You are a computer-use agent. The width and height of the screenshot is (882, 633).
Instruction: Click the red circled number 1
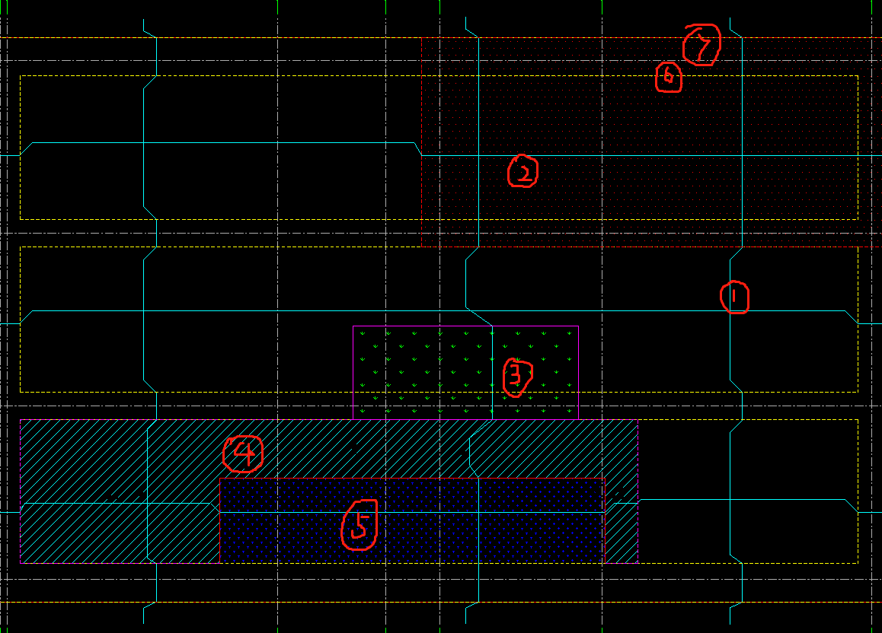pyautogui.click(x=735, y=297)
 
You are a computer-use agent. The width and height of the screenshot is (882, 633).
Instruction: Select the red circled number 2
pyautogui.click(x=522, y=171)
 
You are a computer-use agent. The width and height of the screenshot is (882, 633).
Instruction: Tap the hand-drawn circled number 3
pyautogui.click(x=517, y=377)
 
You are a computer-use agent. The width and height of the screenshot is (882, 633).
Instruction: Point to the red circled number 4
pyautogui.click(x=243, y=454)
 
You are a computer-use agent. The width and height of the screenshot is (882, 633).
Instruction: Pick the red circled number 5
pyautogui.click(x=360, y=525)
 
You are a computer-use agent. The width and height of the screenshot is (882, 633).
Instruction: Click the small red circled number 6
pyautogui.click(x=668, y=77)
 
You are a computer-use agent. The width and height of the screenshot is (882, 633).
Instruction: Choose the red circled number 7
pyautogui.click(x=701, y=45)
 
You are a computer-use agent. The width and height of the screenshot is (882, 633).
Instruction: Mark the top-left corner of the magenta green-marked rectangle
pyautogui.click(x=353, y=326)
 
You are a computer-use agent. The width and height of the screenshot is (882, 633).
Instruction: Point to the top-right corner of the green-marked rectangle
pyautogui.click(x=579, y=326)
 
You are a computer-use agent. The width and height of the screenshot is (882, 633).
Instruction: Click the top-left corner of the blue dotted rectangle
pyautogui.click(x=219, y=478)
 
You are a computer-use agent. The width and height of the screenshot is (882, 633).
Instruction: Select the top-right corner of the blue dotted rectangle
pyautogui.click(x=605, y=478)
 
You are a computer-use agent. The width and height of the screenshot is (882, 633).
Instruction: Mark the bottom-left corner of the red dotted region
pyautogui.click(x=421, y=247)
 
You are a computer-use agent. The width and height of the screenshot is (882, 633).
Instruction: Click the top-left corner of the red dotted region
pyautogui.click(x=421, y=37)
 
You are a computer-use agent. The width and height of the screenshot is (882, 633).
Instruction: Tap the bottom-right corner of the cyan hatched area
pyautogui.click(x=638, y=563)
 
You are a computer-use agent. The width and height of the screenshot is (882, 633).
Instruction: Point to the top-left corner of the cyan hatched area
pyautogui.click(x=21, y=419)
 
